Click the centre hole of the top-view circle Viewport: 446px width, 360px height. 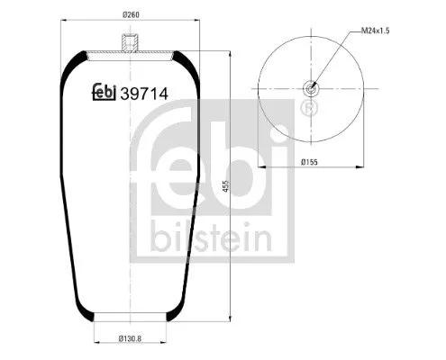(x=312, y=88)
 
